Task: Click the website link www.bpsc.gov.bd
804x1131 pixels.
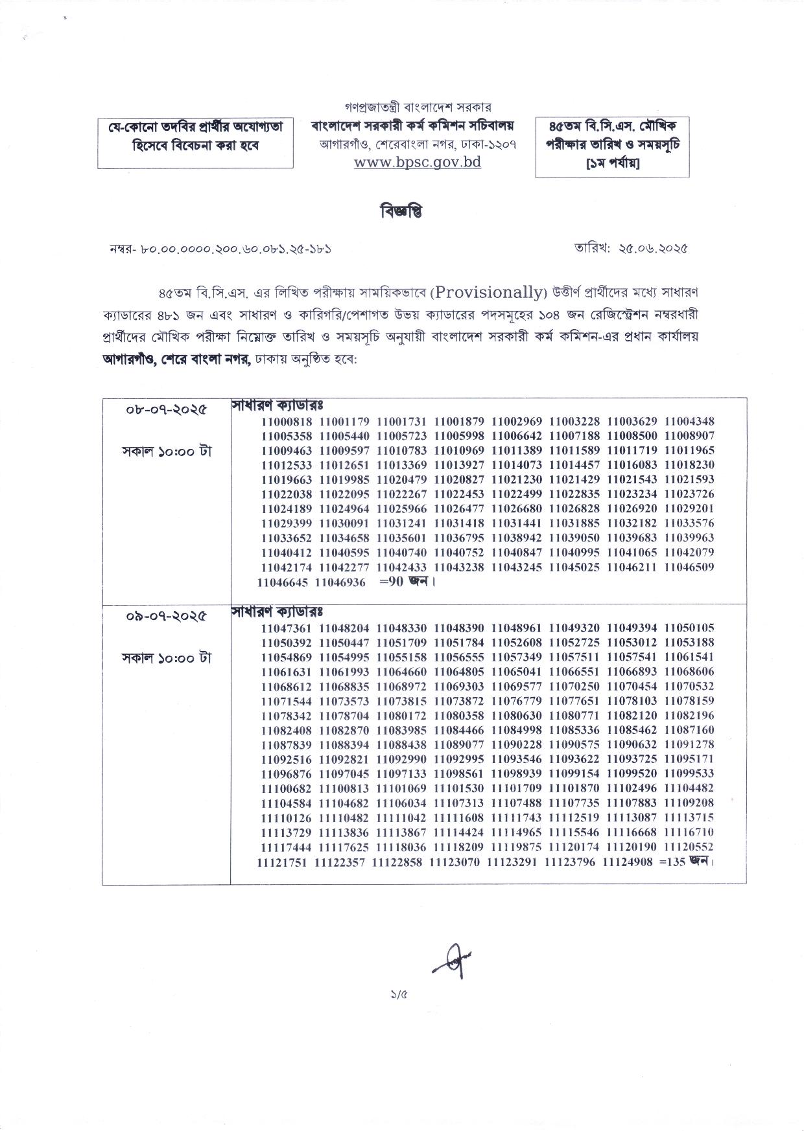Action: [418, 162]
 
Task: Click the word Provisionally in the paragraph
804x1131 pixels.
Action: [488, 292]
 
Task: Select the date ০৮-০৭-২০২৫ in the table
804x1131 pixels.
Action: [167, 411]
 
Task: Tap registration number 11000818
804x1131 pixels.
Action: [287, 422]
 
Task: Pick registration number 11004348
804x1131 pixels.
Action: [689, 422]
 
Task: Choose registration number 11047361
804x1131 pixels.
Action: [287, 628]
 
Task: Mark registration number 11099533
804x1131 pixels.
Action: [689, 773]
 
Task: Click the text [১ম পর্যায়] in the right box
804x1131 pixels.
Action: [612, 163]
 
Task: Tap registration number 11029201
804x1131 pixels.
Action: [689, 509]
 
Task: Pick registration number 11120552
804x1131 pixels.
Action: [689, 847]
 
